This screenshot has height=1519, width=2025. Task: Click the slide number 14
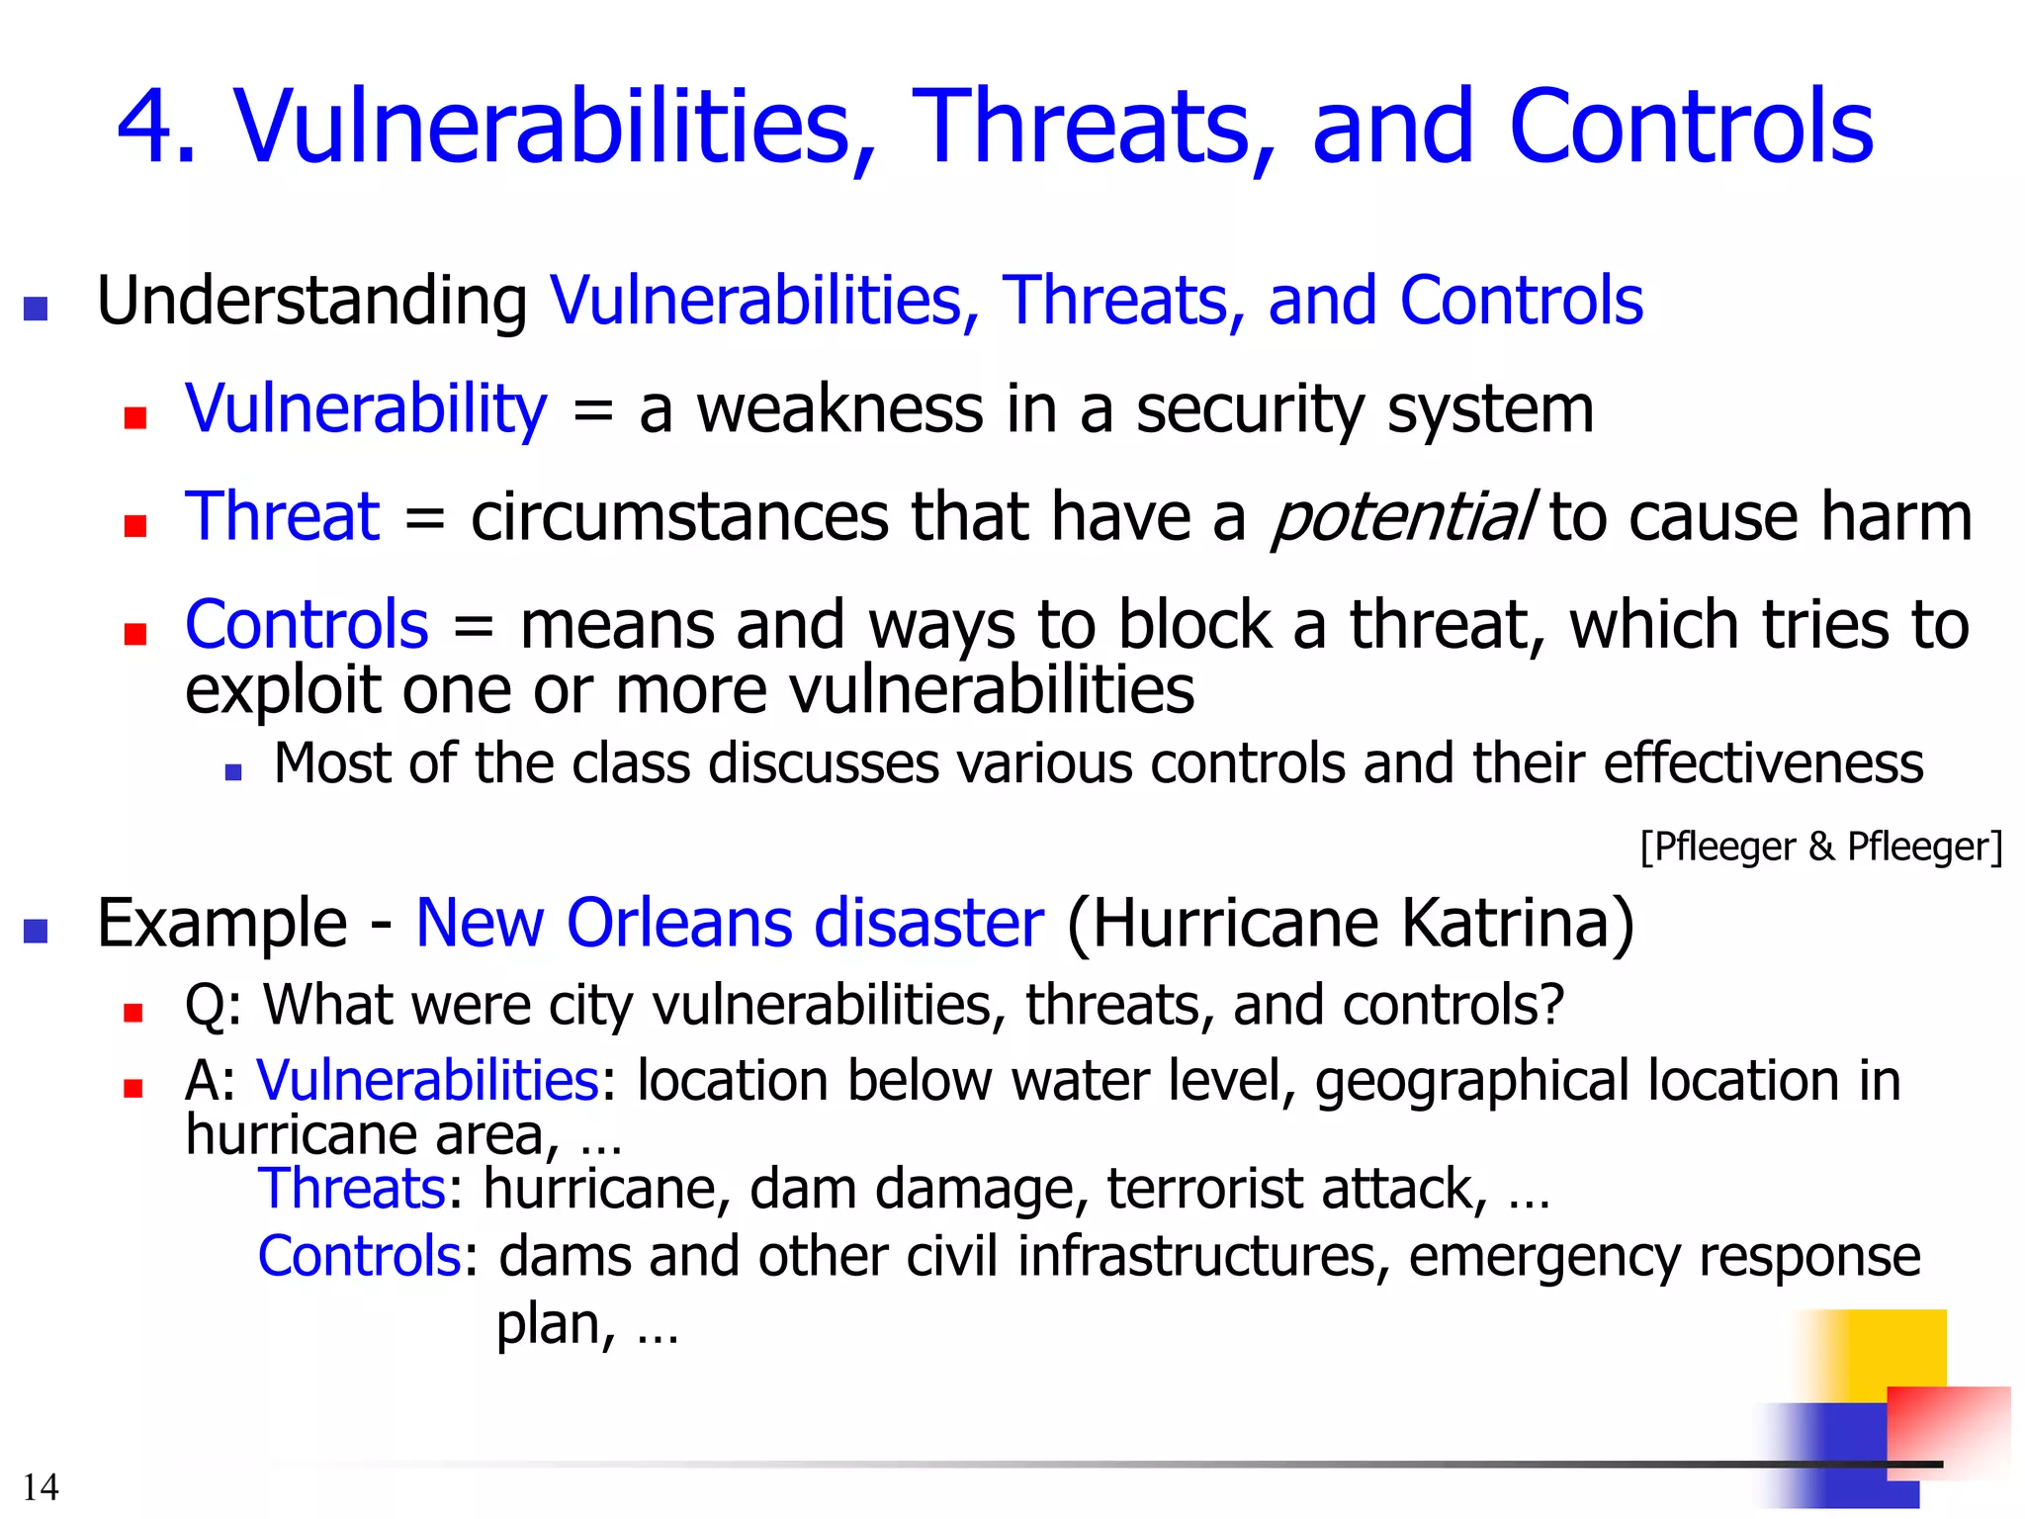41,1487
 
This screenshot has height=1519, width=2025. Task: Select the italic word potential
1402,516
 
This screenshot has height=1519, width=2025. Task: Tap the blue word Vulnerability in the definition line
366,408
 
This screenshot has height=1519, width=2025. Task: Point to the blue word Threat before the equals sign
282,516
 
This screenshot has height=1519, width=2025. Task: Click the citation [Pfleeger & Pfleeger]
1820,848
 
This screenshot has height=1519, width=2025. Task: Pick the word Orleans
679,923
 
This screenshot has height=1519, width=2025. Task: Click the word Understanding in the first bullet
311,300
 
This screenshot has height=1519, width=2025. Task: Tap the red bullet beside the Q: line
133,1013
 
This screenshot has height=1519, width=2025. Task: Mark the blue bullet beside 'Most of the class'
233,772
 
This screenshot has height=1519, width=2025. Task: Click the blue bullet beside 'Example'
36,932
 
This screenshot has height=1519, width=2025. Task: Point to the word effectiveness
1763,763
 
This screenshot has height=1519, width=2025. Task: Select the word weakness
839,408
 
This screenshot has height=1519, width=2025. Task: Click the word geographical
1470,1080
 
